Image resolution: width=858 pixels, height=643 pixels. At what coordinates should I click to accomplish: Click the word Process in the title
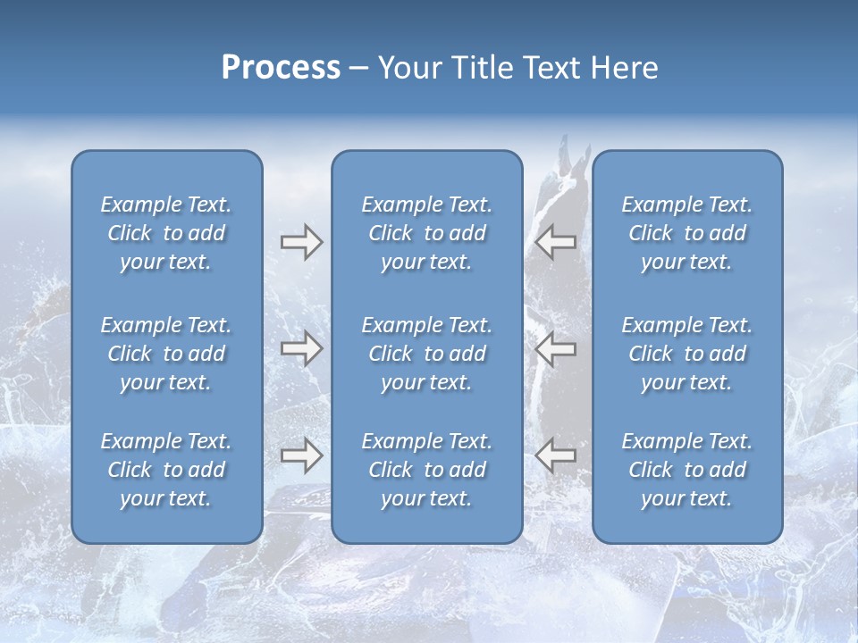(x=281, y=68)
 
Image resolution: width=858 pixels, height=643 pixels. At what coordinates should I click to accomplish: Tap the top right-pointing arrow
(x=301, y=242)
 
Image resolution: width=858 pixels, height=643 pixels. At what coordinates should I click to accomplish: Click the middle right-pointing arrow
(x=301, y=348)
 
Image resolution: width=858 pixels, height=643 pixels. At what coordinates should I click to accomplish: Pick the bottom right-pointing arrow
(x=301, y=456)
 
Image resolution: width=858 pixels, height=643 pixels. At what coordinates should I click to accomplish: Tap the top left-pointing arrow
(x=555, y=242)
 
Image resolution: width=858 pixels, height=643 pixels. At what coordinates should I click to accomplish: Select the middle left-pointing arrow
(x=555, y=348)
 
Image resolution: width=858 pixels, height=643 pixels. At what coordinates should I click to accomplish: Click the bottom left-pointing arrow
(x=555, y=455)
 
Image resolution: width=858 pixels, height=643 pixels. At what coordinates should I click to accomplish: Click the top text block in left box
(x=166, y=233)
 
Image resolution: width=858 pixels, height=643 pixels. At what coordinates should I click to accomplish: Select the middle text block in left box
(x=166, y=354)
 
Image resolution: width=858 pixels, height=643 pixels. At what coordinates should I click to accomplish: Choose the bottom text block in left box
(x=166, y=470)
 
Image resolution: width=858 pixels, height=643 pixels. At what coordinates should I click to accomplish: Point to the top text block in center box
(x=427, y=233)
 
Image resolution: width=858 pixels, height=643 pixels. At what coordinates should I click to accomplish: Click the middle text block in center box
(x=427, y=354)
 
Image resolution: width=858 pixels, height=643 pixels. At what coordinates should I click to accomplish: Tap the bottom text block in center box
(x=427, y=470)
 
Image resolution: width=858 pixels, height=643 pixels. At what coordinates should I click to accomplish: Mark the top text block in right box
(x=687, y=233)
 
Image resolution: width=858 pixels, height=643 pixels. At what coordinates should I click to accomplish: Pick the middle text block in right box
(x=687, y=354)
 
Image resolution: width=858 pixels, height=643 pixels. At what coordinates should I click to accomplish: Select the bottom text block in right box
(x=687, y=470)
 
